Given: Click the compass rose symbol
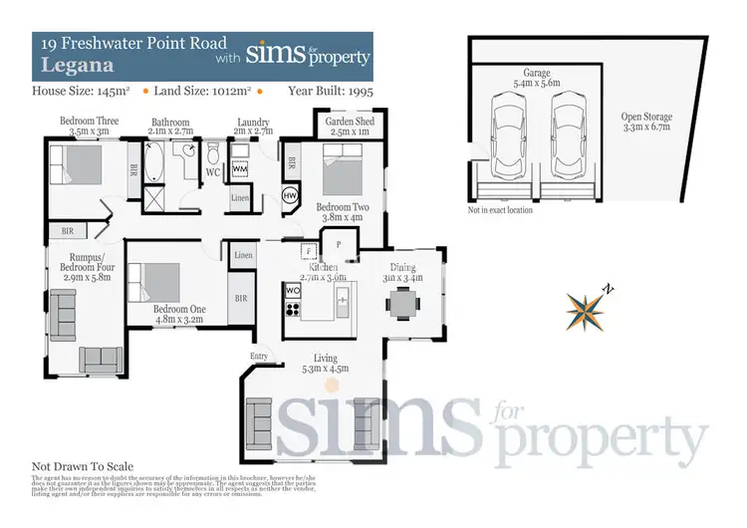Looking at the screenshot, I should click(589, 308).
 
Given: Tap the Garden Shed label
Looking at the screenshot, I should click(344, 127).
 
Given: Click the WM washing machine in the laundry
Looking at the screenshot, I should click(240, 169).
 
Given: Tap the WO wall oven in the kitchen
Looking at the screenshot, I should click(293, 291).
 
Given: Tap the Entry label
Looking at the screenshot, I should click(259, 356).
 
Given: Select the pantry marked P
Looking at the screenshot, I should click(339, 243).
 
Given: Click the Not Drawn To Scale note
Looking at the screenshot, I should click(83, 466).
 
